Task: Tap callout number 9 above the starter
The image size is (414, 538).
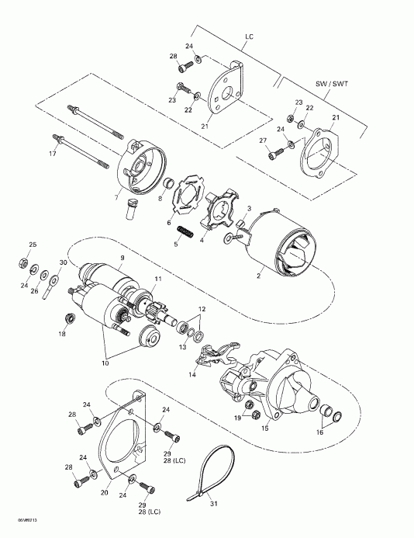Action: [x=122, y=257]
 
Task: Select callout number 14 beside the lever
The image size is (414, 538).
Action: [x=191, y=374]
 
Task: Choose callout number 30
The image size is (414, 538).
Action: [x=62, y=264]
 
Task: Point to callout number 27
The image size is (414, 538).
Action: [x=261, y=141]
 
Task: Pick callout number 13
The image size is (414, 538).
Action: [x=184, y=327]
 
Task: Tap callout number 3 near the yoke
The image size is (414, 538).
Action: [x=250, y=210]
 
